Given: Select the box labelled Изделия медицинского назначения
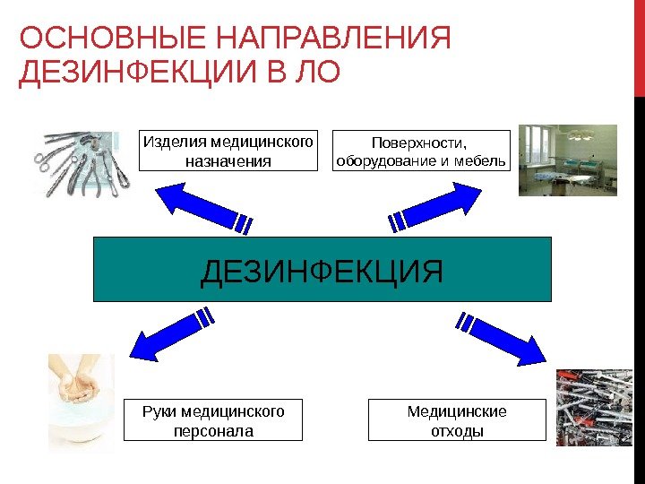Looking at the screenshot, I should point(229,151).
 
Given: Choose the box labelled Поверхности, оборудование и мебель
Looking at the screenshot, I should point(420,151).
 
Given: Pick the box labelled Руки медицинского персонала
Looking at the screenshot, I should point(213,420).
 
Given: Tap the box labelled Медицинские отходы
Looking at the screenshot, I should point(457,420).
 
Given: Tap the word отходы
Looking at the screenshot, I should point(457,430).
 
